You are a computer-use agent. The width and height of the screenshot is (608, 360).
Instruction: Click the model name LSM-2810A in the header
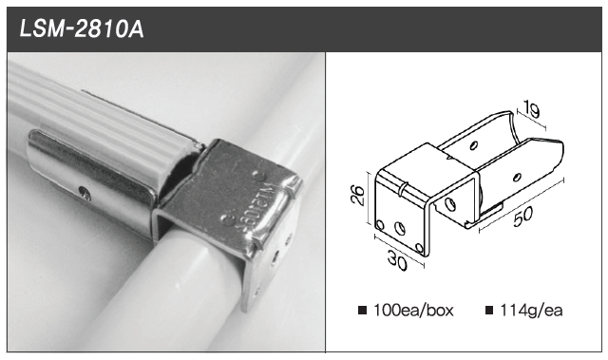pos(82,29)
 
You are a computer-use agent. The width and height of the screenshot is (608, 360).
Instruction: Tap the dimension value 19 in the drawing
pos(531,109)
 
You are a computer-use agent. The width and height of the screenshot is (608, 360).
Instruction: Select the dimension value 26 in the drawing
pos(357,196)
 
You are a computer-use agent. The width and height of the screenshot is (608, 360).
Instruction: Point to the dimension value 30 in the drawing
pos(397,261)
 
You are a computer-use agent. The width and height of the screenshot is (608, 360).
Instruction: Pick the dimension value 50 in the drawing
pos(523,216)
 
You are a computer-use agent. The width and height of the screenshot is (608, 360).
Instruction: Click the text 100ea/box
pos(413,311)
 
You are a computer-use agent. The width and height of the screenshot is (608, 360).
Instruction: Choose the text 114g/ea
pos(531,311)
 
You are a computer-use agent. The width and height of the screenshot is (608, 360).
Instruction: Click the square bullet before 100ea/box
pos(363,311)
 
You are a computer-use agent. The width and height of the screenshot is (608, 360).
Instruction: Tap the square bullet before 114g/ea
pos(489,311)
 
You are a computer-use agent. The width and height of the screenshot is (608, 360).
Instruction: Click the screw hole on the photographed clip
pos(85,193)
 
